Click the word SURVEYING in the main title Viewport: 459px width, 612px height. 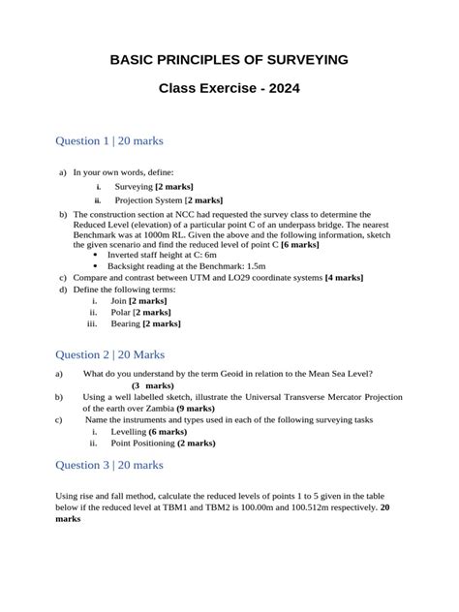(303, 61)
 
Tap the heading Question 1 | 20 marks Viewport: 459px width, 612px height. (109, 141)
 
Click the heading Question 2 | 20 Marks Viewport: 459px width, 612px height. (110, 354)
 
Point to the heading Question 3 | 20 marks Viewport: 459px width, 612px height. (109, 465)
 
